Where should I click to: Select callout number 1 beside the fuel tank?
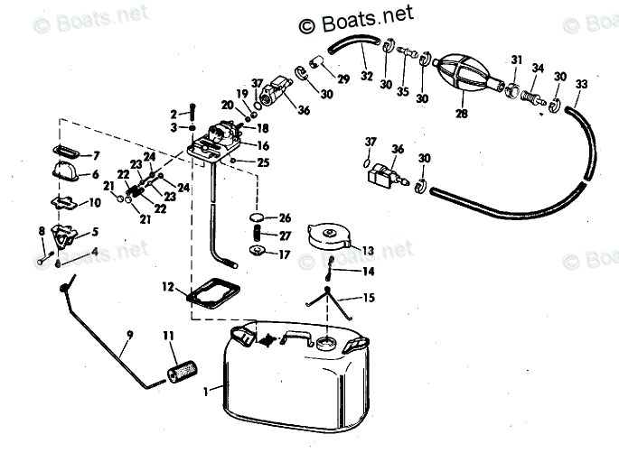[206, 392]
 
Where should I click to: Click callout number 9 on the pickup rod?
[129, 336]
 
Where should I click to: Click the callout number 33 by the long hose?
[581, 85]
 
